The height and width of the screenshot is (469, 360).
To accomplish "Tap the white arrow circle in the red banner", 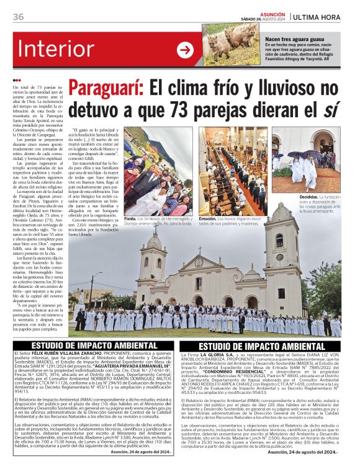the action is point(185,50).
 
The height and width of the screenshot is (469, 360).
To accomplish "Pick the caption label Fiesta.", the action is point(130,218).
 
